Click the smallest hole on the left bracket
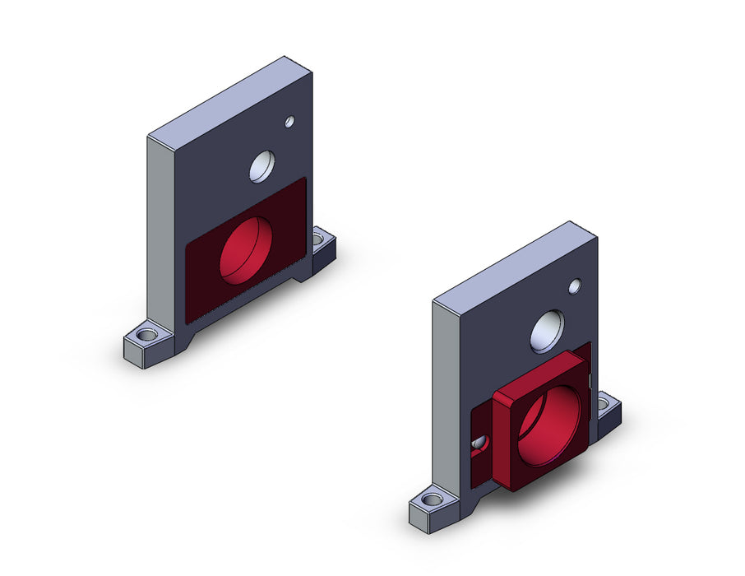[289, 123]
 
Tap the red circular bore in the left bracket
[246, 250]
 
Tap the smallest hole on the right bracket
[575, 286]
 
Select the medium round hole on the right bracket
[548, 331]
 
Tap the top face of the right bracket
[515, 261]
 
